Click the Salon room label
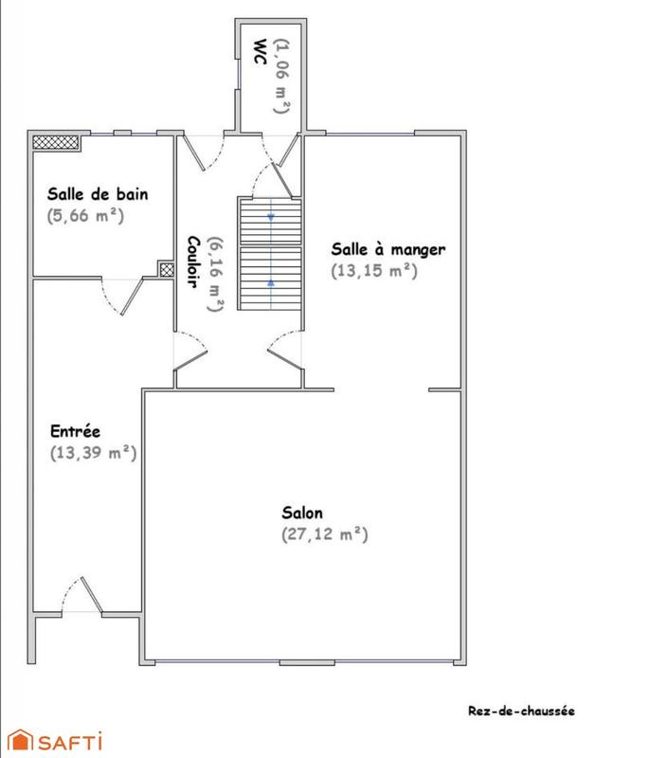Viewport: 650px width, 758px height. coord(301,513)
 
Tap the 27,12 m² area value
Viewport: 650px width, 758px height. coord(324,534)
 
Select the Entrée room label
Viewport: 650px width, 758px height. coord(75,431)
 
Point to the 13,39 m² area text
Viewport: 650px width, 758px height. coord(93,453)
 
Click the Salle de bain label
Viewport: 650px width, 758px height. coord(98,194)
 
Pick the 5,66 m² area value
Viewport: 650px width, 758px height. coord(85,215)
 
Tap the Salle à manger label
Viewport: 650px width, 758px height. coord(388,249)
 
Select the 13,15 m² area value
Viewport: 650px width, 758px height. coord(374,270)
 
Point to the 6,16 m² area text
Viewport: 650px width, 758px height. coord(216,274)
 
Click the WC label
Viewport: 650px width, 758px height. coord(259,52)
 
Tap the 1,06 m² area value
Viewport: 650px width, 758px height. coord(280,76)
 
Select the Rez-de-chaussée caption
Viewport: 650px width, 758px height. coord(521,711)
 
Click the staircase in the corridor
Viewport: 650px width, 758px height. coord(268,253)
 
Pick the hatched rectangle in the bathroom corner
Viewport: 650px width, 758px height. coord(54,142)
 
